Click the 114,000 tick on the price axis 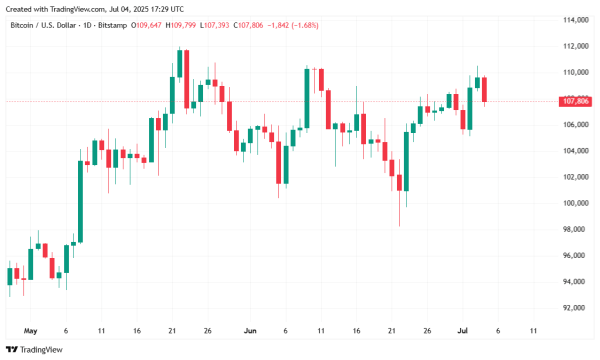coord(573,20)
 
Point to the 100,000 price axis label coord(573,203)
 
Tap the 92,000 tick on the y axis coord(573,308)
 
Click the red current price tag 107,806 coord(574,101)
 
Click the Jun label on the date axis coord(250,330)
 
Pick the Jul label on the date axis coord(463,330)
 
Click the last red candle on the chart coord(484,91)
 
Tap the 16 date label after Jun coord(356,330)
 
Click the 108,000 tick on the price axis coord(573,98)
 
